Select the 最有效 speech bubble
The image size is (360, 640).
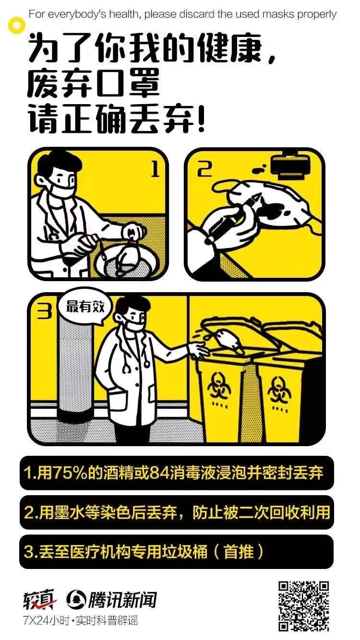[x=85, y=308]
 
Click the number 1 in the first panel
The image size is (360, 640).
[x=155, y=169]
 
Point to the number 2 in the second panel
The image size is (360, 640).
[x=204, y=169]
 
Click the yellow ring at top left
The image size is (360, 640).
[x=17, y=25]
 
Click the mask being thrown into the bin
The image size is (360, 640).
[x=228, y=340]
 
